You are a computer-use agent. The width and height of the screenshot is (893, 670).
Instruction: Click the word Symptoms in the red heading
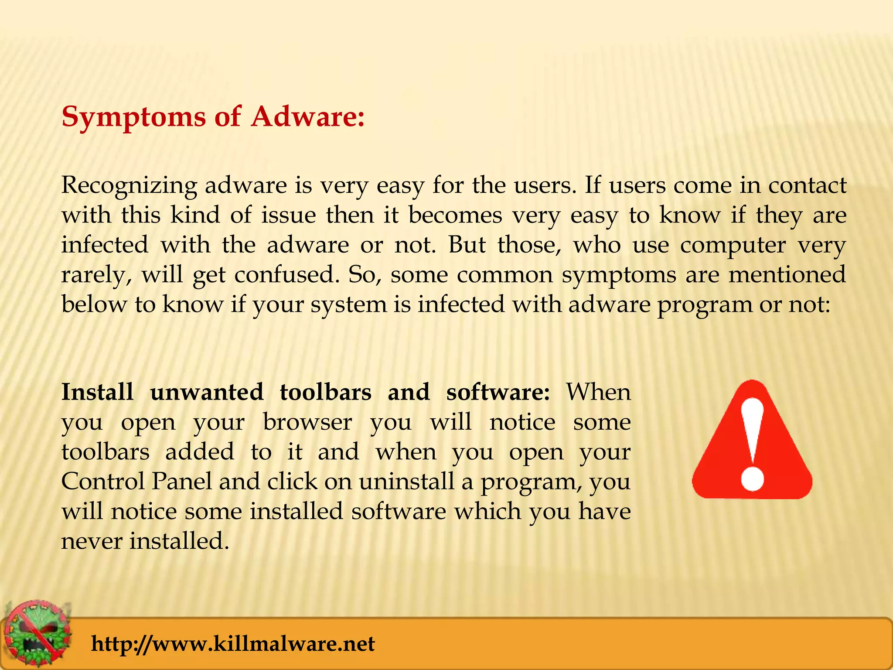133,117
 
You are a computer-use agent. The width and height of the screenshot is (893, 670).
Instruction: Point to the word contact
807,185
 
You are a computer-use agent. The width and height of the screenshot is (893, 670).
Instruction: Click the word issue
288,215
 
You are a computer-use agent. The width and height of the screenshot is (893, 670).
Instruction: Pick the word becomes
455,215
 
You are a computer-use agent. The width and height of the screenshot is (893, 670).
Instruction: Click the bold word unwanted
207,392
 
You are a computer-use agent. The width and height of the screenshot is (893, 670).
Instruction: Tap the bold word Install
97,392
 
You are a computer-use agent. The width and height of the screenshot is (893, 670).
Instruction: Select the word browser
307,422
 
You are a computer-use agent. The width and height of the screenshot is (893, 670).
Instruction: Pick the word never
92,541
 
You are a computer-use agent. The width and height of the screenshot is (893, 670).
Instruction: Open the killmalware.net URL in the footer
233,644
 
